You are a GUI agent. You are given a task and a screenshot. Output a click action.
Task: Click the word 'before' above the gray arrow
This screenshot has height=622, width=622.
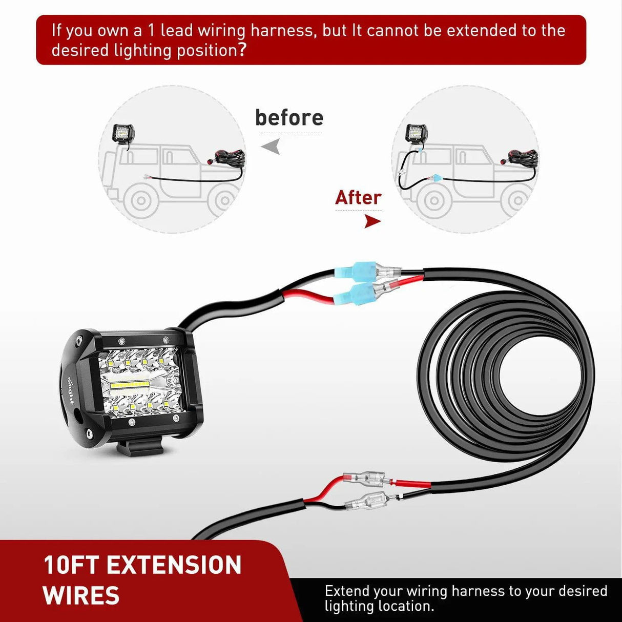click(289, 118)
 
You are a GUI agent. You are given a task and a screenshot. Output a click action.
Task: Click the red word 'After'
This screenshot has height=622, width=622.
click(358, 198)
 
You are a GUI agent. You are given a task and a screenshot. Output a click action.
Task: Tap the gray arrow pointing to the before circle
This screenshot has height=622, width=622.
click(272, 147)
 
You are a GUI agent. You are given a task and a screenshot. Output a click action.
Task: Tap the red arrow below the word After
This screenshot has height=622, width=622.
click(372, 221)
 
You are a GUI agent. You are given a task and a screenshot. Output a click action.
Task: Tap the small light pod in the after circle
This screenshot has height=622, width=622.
click(416, 133)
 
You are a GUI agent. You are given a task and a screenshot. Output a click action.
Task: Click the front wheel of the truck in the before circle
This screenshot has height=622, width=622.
click(140, 201)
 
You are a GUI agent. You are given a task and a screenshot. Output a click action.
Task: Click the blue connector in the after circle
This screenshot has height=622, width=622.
click(436, 178)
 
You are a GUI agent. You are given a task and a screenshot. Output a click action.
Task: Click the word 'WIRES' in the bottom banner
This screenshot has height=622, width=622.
click(81, 596)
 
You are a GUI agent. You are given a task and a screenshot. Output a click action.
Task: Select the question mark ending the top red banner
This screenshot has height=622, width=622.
click(242, 50)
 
